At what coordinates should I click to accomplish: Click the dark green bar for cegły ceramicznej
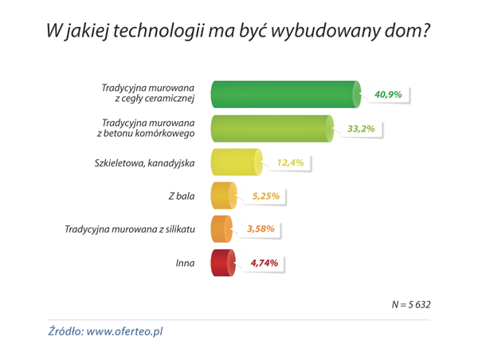(x=283, y=94)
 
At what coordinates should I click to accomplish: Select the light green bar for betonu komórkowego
(x=271, y=128)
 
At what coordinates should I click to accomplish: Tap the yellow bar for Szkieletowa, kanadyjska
(x=235, y=162)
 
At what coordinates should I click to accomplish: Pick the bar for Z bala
(x=223, y=196)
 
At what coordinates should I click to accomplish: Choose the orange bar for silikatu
(x=221, y=229)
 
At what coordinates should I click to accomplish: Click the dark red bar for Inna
(x=223, y=263)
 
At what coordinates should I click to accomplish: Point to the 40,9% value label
(x=388, y=95)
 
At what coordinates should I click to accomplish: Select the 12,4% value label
(x=290, y=162)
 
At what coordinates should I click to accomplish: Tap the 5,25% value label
(x=266, y=196)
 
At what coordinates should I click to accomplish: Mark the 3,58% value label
(x=261, y=229)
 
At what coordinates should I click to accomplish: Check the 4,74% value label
(x=264, y=263)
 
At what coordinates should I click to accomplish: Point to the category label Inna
(x=185, y=263)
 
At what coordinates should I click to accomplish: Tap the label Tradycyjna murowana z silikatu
(x=130, y=229)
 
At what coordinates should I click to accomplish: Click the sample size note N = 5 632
(x=410, y=304)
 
